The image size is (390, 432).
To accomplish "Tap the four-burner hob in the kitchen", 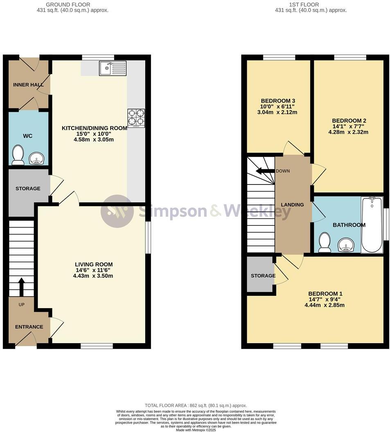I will (136, 118).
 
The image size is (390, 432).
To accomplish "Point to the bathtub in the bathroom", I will (372, 225).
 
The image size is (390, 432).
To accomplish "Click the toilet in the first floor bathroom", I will (325, 243).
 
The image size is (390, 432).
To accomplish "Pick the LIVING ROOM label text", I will (94, 264).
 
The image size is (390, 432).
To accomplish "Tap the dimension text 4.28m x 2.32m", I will (348, 132).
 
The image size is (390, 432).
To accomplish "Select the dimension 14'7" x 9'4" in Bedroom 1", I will (325, 299).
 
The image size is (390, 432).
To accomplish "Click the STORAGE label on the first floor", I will (263, 276).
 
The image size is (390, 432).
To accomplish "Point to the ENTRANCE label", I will (29, 327).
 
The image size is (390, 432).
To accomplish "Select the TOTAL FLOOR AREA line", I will (195, 405).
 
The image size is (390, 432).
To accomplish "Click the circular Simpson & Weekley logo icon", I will (117, 211).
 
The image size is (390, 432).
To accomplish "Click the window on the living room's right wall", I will (148, 237).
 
